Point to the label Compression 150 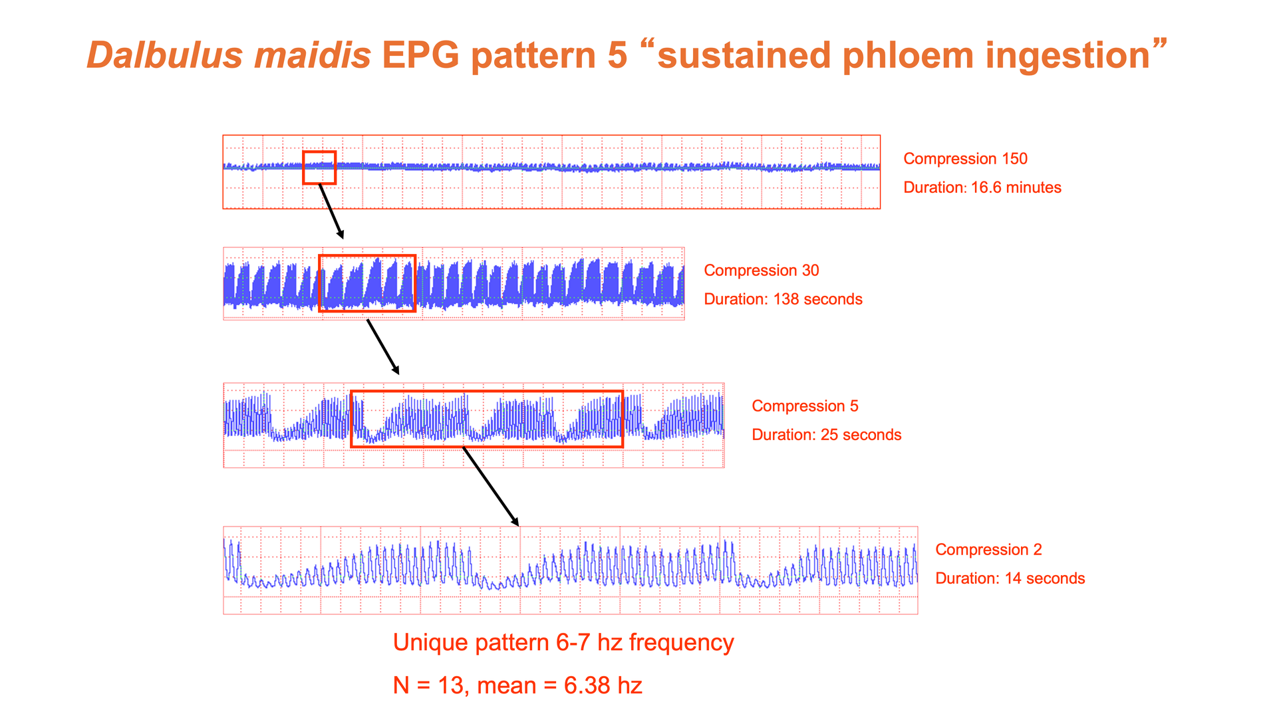[x=965, y=159]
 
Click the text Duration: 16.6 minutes [x=982, y=187]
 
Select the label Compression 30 [x=762, y=271]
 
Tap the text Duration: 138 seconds [x=783, y=299]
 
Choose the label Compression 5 [x=805, y=406]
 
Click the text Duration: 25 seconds [x=827, y=435]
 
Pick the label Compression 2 [x=988, y=550]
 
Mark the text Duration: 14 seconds [x=1010, y=578]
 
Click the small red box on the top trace [x=319, y=152]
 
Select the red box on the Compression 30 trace [x=367, y=256]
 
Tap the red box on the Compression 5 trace [x=487, y=392]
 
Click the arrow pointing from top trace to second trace [x=331, y=211]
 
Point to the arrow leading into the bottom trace [x=490, y=487]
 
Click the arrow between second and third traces [x=383, y=348]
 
